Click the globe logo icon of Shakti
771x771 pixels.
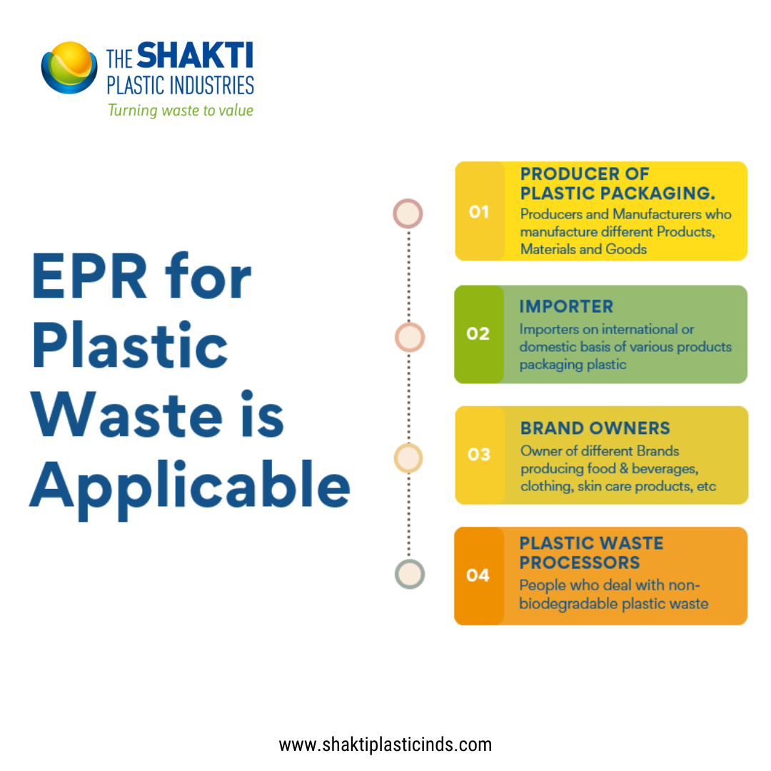69,68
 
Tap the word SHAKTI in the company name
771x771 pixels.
195,55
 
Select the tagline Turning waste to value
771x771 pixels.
181,111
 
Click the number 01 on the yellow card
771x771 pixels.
479,212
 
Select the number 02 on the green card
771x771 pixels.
478,333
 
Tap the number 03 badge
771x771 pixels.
479,454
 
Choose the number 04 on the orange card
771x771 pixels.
478,575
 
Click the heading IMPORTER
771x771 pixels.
566,306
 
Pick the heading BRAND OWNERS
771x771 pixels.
595,428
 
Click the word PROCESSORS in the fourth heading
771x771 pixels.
580,563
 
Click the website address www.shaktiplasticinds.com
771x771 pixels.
385,745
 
